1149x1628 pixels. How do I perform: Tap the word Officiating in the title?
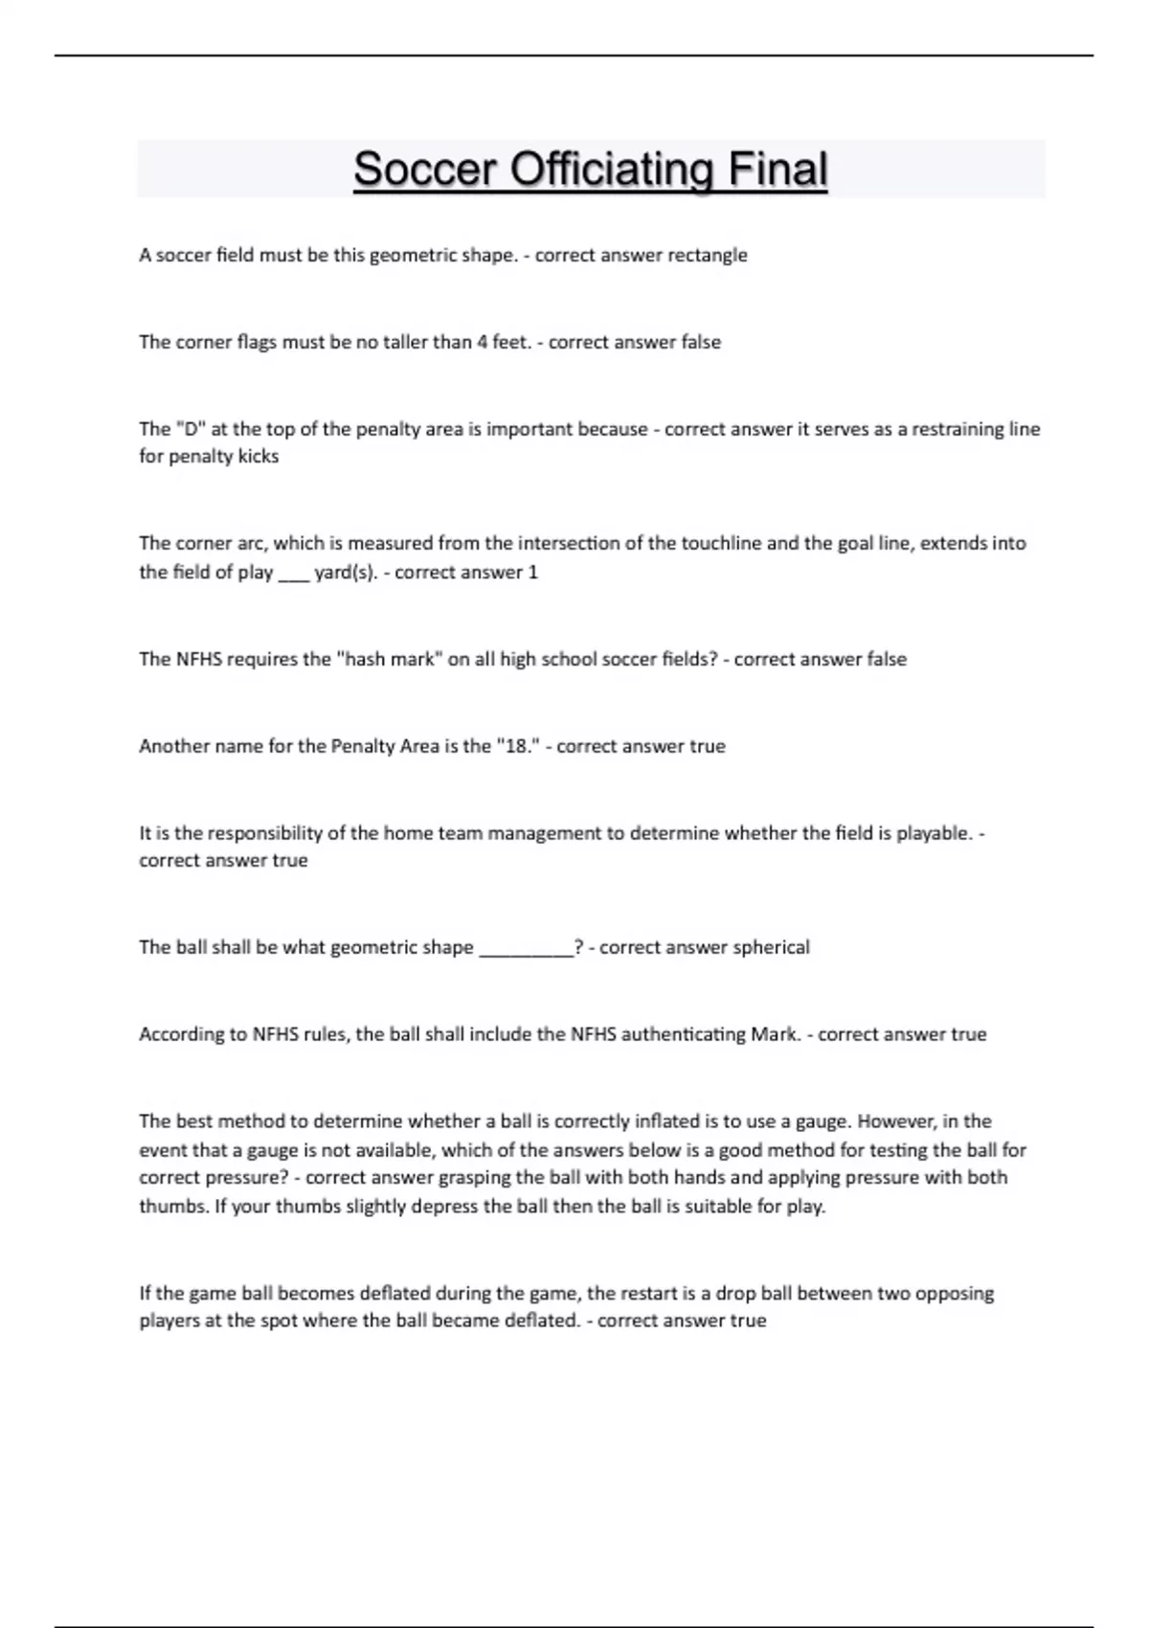(612, 170)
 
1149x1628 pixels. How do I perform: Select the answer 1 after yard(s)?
(533, 573)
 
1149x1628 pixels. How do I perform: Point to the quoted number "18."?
(518, 746)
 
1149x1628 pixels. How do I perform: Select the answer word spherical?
(771, 947)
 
